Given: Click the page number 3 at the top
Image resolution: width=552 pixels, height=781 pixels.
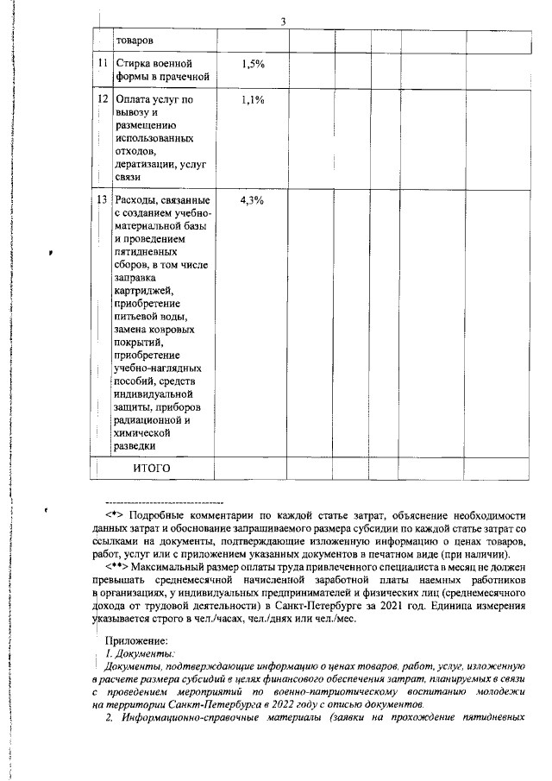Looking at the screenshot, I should click(x=283, y=21).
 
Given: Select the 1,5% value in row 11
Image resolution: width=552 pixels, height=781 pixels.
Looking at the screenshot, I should click(x=253, y=64).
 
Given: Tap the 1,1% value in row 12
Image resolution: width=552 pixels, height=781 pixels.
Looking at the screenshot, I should click(x=253, y=100).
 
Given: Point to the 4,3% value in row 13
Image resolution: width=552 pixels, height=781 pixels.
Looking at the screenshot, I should click(x=253, y=200).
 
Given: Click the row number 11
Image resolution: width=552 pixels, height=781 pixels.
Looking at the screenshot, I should click(x=103, y=64).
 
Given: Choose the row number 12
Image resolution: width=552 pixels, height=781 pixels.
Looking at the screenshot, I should click(x=103, y=100).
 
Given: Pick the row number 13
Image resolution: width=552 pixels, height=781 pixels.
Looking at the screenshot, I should click(x=103, y=200).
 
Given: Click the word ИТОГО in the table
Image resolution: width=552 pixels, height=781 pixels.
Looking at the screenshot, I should click(x=152, y=468).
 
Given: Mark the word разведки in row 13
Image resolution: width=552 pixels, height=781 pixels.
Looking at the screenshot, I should click(x=135, y=446).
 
